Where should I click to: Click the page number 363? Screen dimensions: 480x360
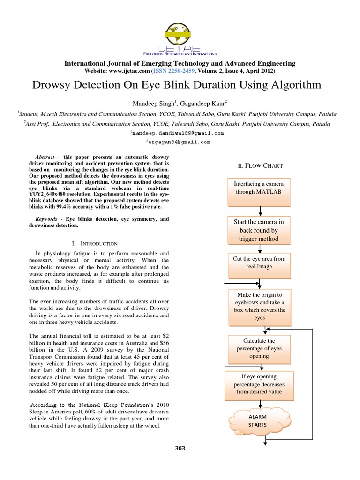click(x=180, y=448)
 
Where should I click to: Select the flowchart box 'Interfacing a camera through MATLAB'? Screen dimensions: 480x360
click(x=259, y=192)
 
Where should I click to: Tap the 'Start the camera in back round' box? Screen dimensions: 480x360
click(x=259, y=230)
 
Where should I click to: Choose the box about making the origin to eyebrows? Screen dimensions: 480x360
click(x=259, y=306)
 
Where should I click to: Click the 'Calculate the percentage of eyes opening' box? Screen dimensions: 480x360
click(x=259, y=348)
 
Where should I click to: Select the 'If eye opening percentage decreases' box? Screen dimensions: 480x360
click(x=259, y=384)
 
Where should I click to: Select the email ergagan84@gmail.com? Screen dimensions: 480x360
click(x=179, y=142)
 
